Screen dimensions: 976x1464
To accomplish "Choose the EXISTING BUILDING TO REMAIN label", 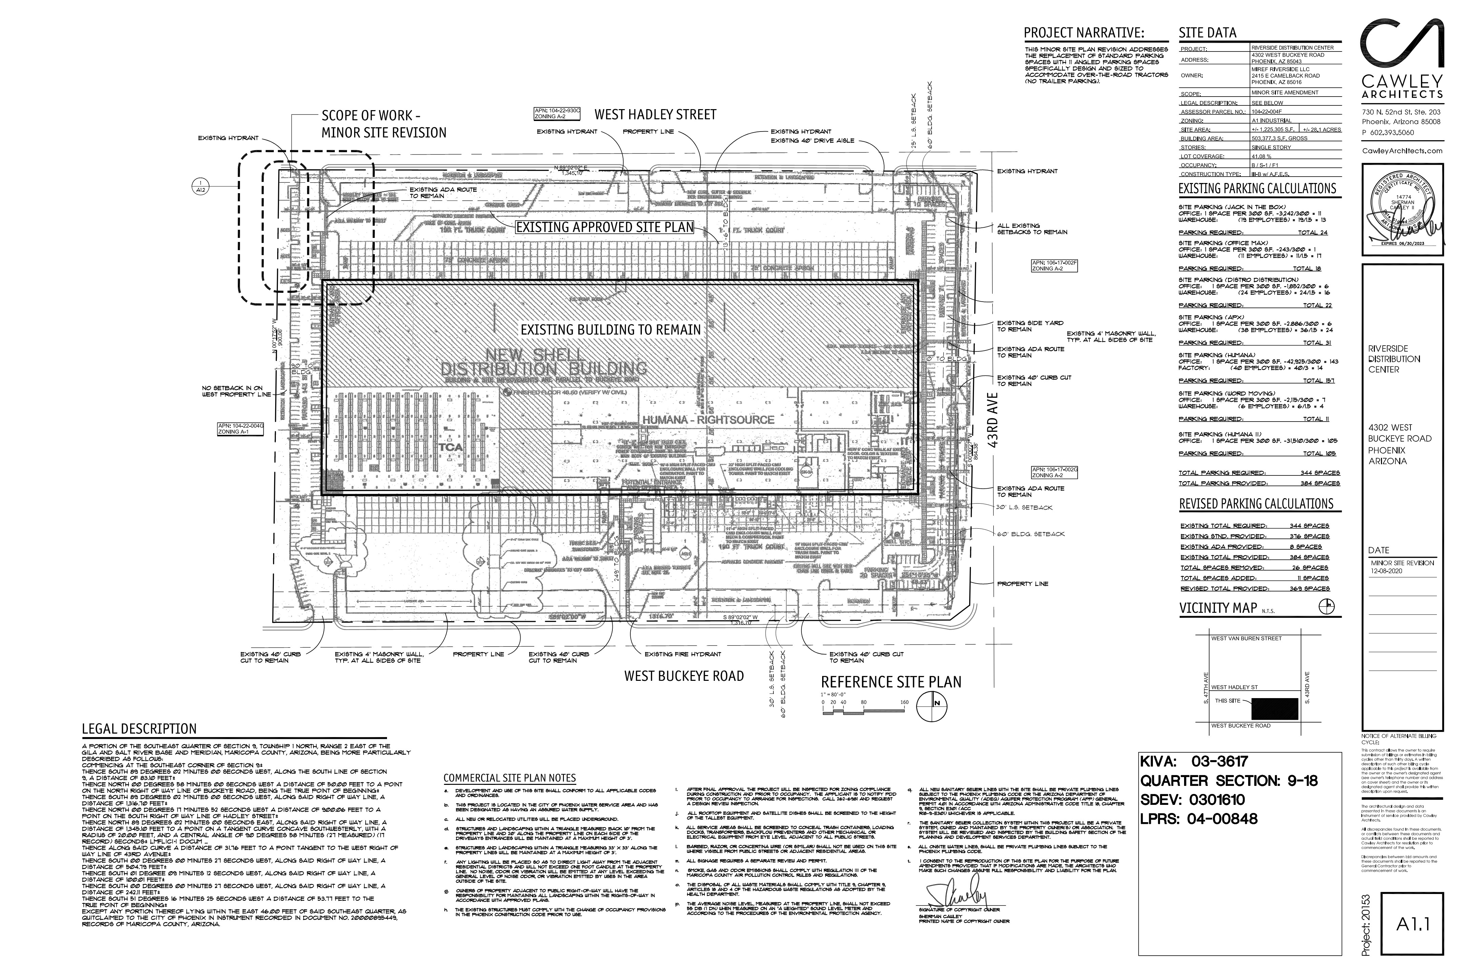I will [x=611, y=329].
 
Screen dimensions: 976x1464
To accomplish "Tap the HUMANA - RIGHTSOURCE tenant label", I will [x=708, y=420].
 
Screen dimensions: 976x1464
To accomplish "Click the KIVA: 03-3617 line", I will [x=1194, y=761].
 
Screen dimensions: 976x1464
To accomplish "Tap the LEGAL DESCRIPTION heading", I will [x=139, y=729].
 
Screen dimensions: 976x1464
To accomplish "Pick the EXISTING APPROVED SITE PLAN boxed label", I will [x=604, y=228].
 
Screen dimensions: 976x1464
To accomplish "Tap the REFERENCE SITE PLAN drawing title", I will [x=891, y=682].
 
